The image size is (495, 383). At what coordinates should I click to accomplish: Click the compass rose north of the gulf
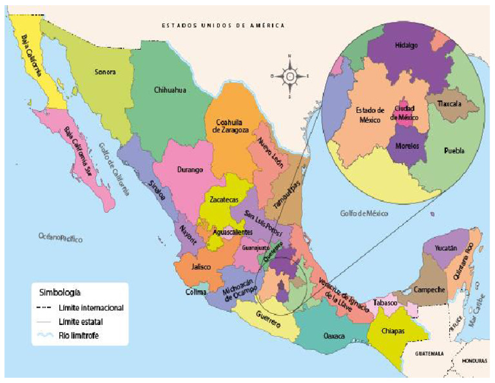(290, 77)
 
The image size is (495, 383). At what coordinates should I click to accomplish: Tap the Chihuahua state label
(170, 90)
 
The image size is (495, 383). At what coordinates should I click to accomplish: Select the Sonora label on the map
(104, 72)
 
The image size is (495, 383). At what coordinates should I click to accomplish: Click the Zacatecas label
(222, 200)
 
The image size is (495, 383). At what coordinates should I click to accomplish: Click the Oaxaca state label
(335, 336)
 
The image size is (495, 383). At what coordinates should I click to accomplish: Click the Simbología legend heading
(59, 291)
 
